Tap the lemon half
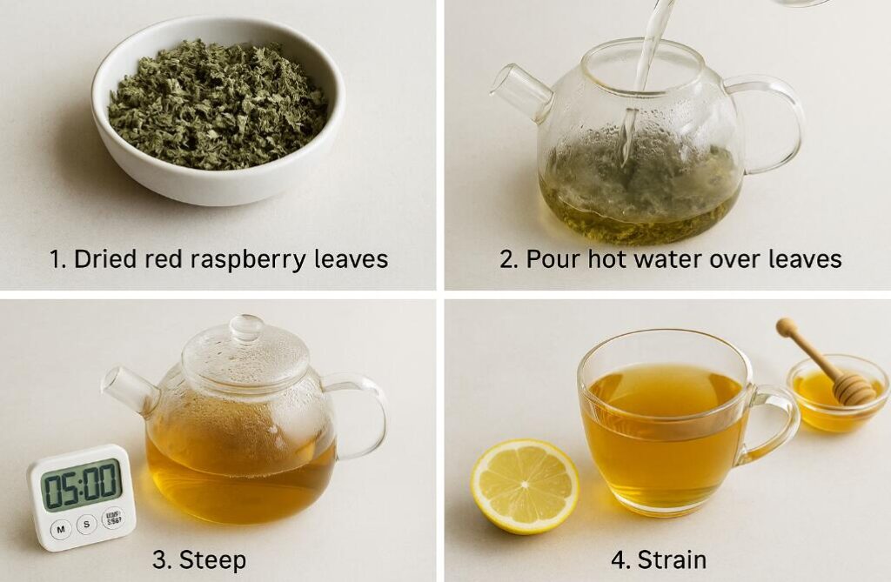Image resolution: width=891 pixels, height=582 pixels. point(525,485)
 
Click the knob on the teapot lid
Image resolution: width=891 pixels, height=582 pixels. point(246,328)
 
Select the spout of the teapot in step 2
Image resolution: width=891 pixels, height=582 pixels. point(519,90)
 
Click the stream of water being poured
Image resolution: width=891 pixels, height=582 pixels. point(647,61)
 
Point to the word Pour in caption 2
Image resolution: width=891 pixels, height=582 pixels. point(548,259)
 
